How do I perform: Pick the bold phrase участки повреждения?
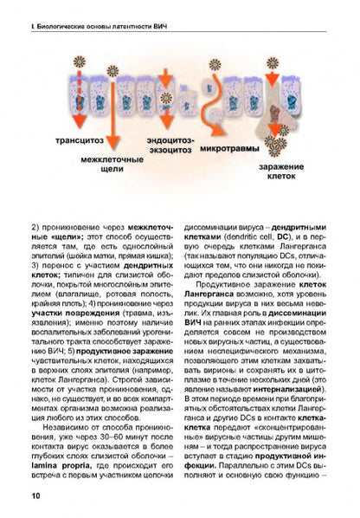[x=63, y=314]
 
